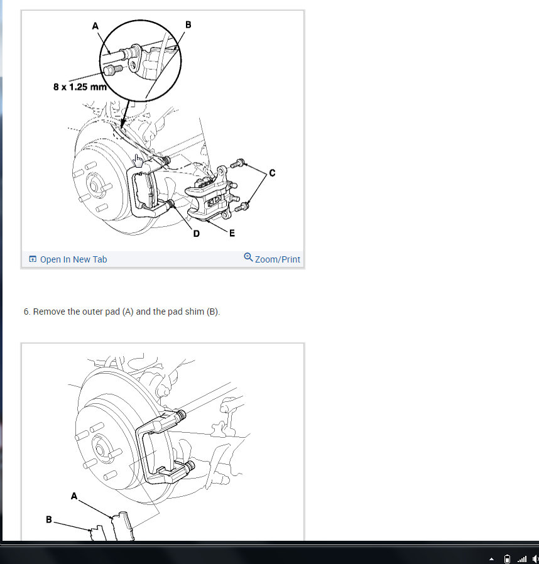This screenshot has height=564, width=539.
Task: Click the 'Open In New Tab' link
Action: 68,259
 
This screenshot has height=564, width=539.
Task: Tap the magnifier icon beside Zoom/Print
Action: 248,257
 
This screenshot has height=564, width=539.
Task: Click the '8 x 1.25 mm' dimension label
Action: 80,87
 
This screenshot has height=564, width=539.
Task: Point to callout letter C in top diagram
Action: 272,173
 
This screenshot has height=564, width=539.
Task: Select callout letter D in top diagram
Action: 196,234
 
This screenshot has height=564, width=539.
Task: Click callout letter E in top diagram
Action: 232,234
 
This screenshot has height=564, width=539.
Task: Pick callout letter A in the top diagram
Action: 95,26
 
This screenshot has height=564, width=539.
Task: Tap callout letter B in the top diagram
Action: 188,24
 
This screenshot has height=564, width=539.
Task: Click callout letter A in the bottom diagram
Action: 74,496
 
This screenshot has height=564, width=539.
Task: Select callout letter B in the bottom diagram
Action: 49,520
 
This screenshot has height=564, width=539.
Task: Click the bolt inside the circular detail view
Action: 112,69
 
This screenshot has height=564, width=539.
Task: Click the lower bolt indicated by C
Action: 241,207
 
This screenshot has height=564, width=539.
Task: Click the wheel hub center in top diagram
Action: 94,186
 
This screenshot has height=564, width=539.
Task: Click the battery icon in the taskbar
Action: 508,559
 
